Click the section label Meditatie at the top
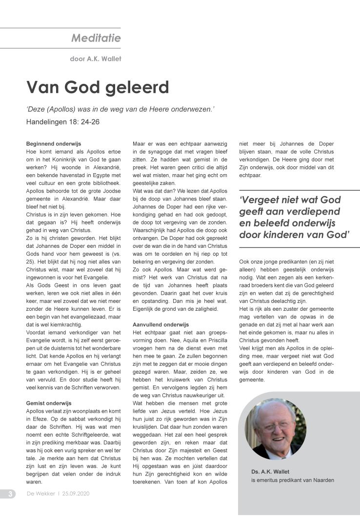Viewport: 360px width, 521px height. [x=96, y=38]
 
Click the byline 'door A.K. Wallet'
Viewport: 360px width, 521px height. [x=96, y=59]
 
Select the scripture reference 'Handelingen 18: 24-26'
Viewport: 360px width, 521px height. [x=63, y=121]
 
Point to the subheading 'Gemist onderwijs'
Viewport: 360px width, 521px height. [x=48, y=403]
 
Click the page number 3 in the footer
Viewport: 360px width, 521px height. [x=11, y=494]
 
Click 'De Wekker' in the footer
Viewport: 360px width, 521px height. [x=40, y=494]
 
